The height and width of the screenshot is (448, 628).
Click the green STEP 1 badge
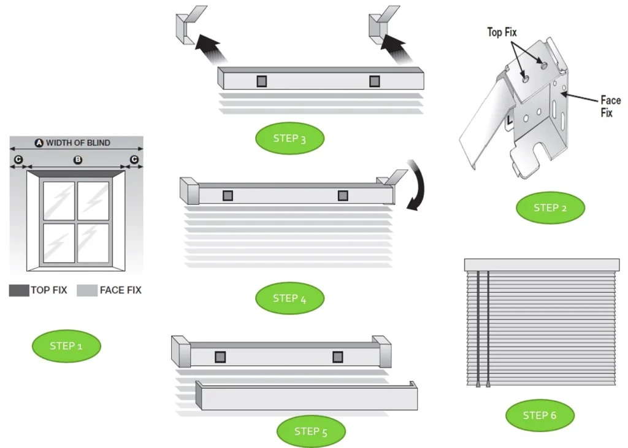coord(66,346)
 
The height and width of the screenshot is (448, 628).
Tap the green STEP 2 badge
coord(550,208)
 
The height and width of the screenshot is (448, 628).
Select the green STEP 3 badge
coord(289,138)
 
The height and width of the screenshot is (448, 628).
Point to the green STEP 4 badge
coord(289,298)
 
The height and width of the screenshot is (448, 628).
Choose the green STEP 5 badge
coord(311,431)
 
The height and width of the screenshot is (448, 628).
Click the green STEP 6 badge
coord(540,415)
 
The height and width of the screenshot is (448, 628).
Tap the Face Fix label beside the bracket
coord(610,106)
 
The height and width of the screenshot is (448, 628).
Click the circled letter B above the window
coord(77,160)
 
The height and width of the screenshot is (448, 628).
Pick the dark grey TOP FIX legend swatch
coord(19,290)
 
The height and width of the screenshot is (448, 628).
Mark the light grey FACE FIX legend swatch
coord(87,290)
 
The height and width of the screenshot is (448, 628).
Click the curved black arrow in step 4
coord(418,185)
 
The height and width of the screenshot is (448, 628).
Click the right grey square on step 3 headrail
coord(374,81)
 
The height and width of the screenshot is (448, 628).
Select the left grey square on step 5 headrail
coord(220,357)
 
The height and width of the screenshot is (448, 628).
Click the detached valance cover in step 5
coord(307,398)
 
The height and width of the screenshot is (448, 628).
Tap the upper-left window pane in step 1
coord(59,200)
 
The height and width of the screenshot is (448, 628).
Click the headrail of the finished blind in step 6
coord(542,265)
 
